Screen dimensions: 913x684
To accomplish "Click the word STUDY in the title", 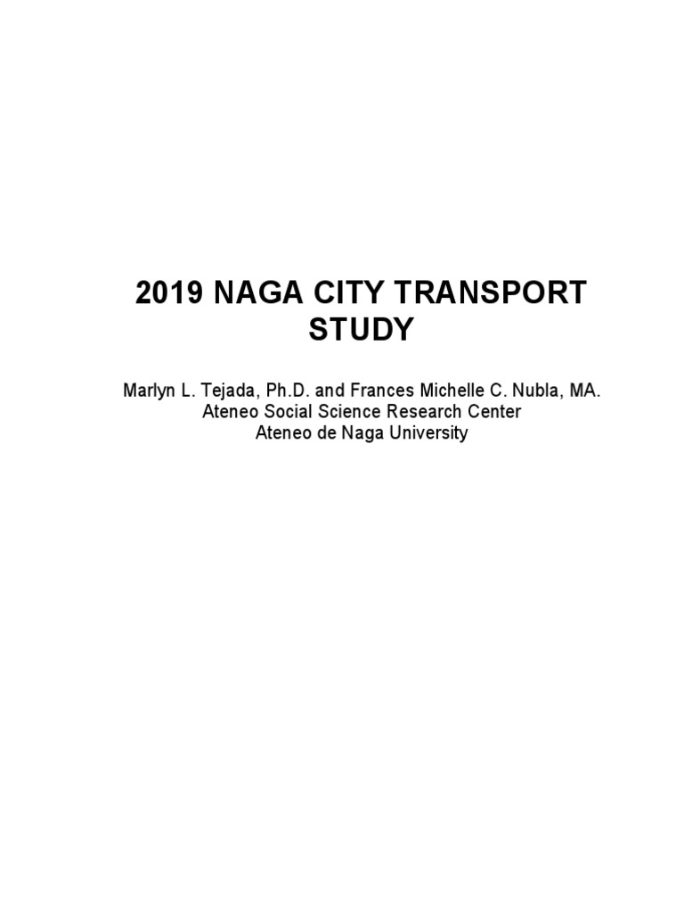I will point(362,330).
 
